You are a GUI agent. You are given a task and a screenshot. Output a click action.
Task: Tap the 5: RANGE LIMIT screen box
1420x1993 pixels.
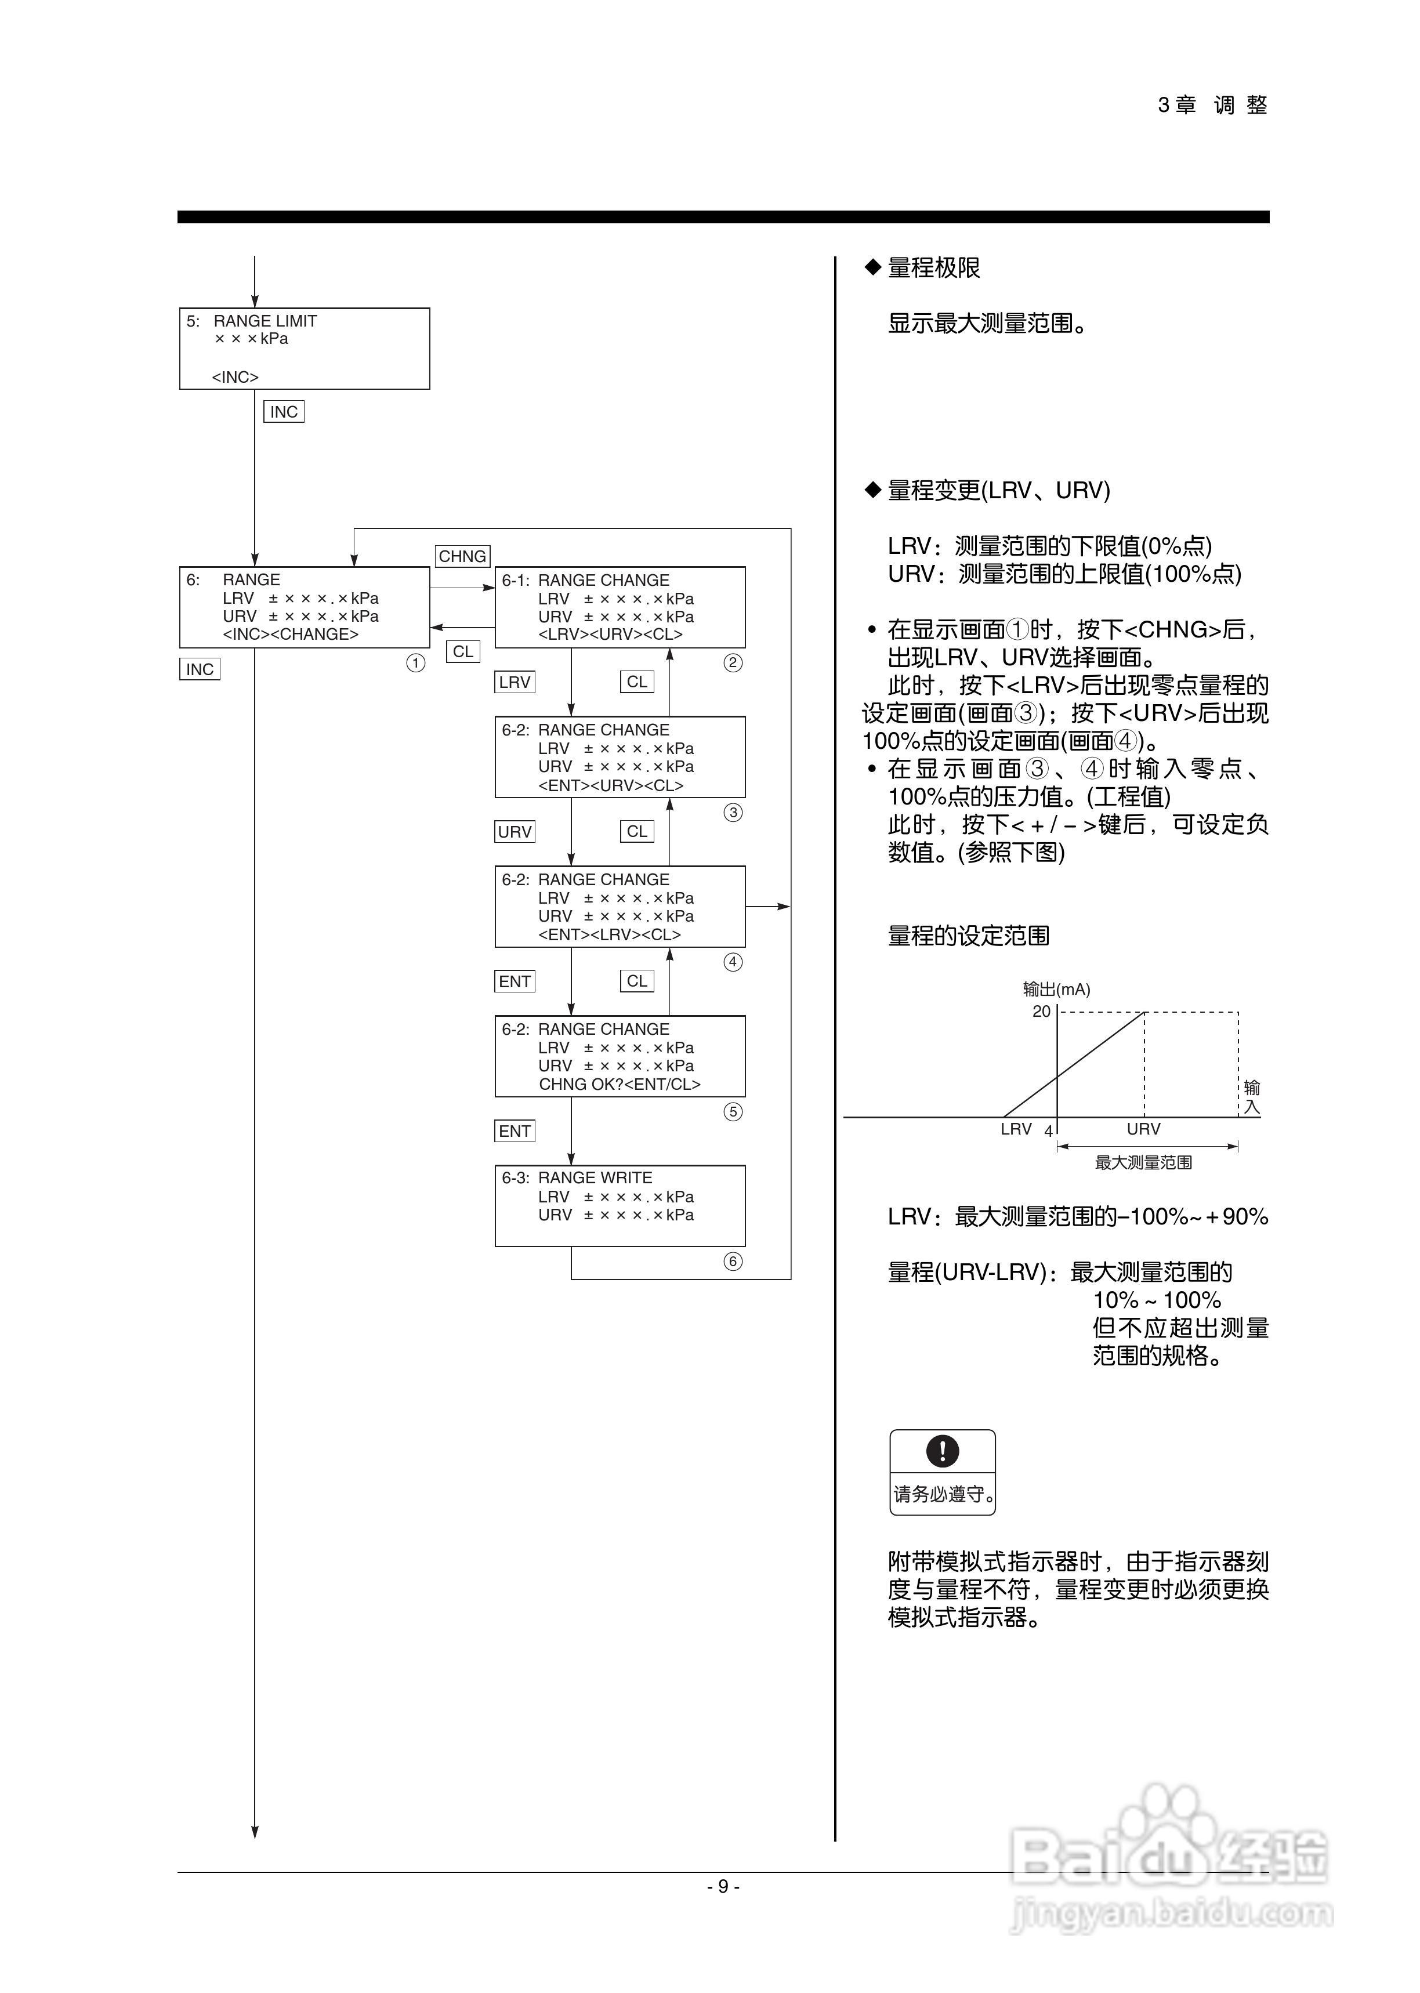click(x=305, y=349)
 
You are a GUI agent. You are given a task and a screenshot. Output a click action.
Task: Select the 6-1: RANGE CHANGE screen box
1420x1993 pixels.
click(x=620, y=607)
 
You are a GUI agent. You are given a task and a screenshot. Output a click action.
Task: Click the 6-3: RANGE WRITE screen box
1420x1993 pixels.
click(x=620, y=1205)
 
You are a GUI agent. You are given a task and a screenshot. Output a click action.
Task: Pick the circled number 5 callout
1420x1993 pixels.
click(x=733, y=1112)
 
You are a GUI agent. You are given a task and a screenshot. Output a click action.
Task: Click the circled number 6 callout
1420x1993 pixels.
click(x=733, y=1262)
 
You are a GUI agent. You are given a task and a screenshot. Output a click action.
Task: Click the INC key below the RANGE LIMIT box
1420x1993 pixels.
click(x=283, y=412)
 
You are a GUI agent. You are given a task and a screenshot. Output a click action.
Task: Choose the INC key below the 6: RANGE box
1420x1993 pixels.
click(x=200, y=669)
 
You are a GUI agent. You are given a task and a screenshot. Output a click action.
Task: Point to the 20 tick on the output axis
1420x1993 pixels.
click(x=1041, y=1012)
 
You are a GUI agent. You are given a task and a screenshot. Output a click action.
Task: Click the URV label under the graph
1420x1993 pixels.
click(x=1144, y=1129)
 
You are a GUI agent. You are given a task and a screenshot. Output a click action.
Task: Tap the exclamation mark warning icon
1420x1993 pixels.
click(x=943, y=1451)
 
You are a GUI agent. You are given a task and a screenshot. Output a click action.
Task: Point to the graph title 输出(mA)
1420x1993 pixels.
click(x=1056, y=990)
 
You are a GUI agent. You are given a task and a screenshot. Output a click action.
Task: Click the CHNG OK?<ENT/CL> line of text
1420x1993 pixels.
click(x=619, y=1085)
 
